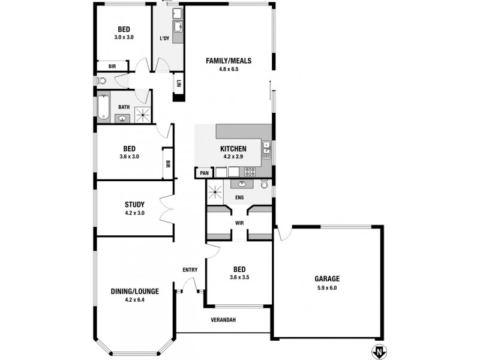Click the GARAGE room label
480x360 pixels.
click(x=327, y=278)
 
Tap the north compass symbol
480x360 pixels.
click(x=379, y=351)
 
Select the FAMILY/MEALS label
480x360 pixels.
click(x=228, y=61)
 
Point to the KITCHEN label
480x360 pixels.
click(x=233, y=149)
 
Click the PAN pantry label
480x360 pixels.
click(x=204, y=173)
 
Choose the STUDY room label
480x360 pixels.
click(x=134, y=205)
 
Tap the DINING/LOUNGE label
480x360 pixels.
click(x=134, y=292)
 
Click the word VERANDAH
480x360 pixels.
click(x=223, y=320)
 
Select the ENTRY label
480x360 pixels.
click(x=190, y=270)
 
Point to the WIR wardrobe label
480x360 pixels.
click(x=239, y=223)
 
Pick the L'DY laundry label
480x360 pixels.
click(x=164, y=39)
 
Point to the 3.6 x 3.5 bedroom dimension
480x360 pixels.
click(x=239, y=277)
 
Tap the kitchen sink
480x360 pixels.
click(x=266, y=147)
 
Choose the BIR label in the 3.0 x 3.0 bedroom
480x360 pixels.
click(x=112, y=66)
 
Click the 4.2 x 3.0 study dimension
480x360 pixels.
click(x=134, y=212)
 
